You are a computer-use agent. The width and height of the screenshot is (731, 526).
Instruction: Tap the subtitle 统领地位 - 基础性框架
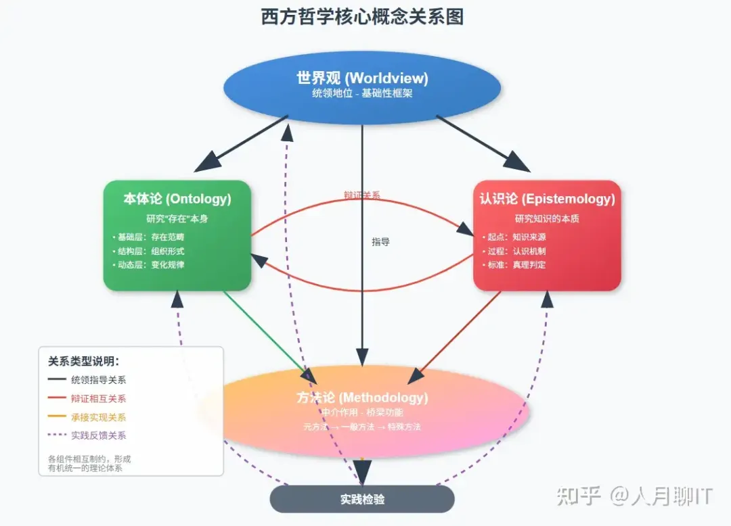pyautogui.click(x=362, y=94)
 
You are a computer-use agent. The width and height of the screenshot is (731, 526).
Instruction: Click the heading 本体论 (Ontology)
pyautogui.click(x=177, y=199)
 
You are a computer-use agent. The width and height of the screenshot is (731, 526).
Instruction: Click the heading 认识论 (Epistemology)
pyautogui.click(x=547, y=199)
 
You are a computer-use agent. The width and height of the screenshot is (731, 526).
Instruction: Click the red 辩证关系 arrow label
pyautogui.click(x=362, y=195)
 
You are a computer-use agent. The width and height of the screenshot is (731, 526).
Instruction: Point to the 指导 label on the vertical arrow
pyautogui.click(x=380, y=241)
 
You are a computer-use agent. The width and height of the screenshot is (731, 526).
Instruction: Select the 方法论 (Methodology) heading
pyautogui.click(x=362, y=398)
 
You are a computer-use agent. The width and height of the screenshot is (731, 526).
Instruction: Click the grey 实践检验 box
pyautogui.click(x=362, y=500)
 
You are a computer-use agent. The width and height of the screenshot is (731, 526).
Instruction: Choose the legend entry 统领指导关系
pyautogui.click(x=98, y=380)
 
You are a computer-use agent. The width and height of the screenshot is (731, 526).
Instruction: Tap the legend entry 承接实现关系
pyautogui.click(x=98, y=417)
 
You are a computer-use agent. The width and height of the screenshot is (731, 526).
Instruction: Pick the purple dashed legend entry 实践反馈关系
pyautogui.click(x=98, y=435)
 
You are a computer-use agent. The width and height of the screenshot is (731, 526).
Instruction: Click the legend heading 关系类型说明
pyautogui.click(x=83, y=361)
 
